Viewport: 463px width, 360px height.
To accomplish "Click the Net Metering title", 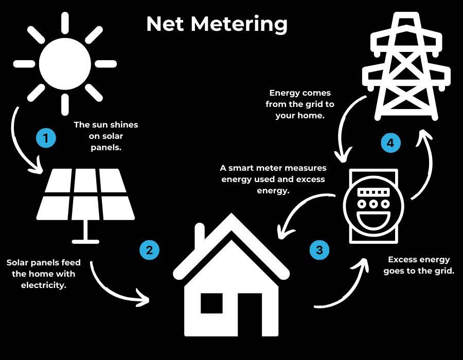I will click(217, 24).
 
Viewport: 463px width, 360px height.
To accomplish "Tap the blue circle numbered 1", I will click(46, 138).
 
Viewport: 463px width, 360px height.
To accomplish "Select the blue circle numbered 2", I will click(149, 250).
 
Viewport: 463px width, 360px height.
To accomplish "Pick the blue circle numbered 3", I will click(319, 250).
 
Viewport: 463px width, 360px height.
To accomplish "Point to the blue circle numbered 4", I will click(390, 143).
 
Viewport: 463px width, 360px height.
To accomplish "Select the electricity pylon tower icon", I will click(406, 67).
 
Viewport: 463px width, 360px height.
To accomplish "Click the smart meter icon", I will click(373, 206).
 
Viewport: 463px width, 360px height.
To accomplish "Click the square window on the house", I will click(211, 303).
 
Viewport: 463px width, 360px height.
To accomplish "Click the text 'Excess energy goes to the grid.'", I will click(419, 265).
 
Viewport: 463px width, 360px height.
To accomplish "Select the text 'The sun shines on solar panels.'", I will click(106, 136).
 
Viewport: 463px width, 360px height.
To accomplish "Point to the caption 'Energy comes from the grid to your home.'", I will click(300, 104).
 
